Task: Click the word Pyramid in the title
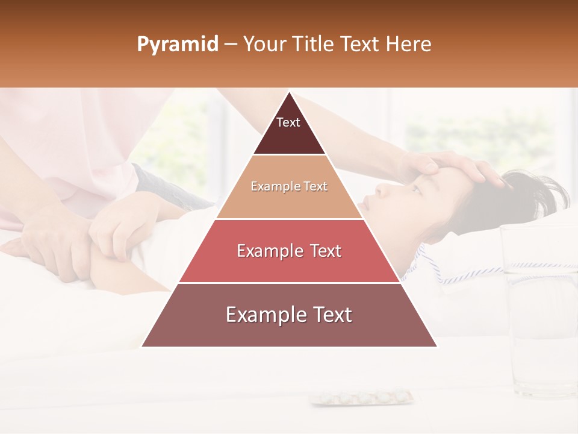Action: click(178, 45)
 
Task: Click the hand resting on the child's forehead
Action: click(446, 166)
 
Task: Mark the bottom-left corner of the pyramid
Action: click(142, 346)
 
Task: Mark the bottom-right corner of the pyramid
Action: click(437, 346)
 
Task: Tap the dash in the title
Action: click(230, 45)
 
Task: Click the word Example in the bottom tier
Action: click(263, 315)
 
